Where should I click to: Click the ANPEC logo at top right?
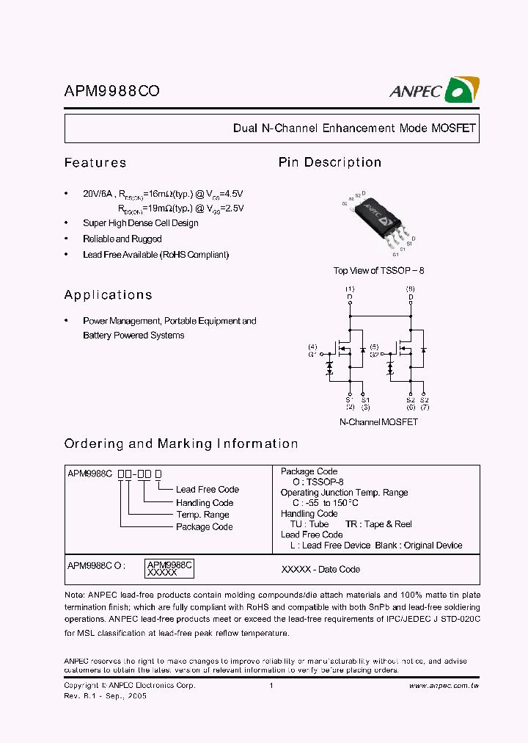[x=434, y=90]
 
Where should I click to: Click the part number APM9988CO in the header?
[x=112, y=91]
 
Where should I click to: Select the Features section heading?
[x=95, y=163]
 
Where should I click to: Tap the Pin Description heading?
[x=330, y=162]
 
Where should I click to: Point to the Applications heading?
[x=109, y=295]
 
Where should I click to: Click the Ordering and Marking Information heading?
[x=181, y=443]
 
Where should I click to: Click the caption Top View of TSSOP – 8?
[x=378, y=271]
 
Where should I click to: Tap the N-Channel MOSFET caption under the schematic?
[x=378, y=422]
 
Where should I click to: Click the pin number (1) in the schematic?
[x=350, y=289]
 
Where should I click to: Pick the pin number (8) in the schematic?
[x=410, y=289]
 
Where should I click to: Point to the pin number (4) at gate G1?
[x=312, y=347]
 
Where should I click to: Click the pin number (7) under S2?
[x=425, y=406]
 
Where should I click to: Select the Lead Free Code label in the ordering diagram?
[x=208, y=490]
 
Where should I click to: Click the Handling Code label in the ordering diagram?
[x=205, y=503]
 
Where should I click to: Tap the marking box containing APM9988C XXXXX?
[x=169, y=567]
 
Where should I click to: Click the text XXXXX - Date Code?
[x=320, y=569]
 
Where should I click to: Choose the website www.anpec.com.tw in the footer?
[x=443, y=686]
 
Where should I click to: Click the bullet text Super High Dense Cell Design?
[x=141, y=223]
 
